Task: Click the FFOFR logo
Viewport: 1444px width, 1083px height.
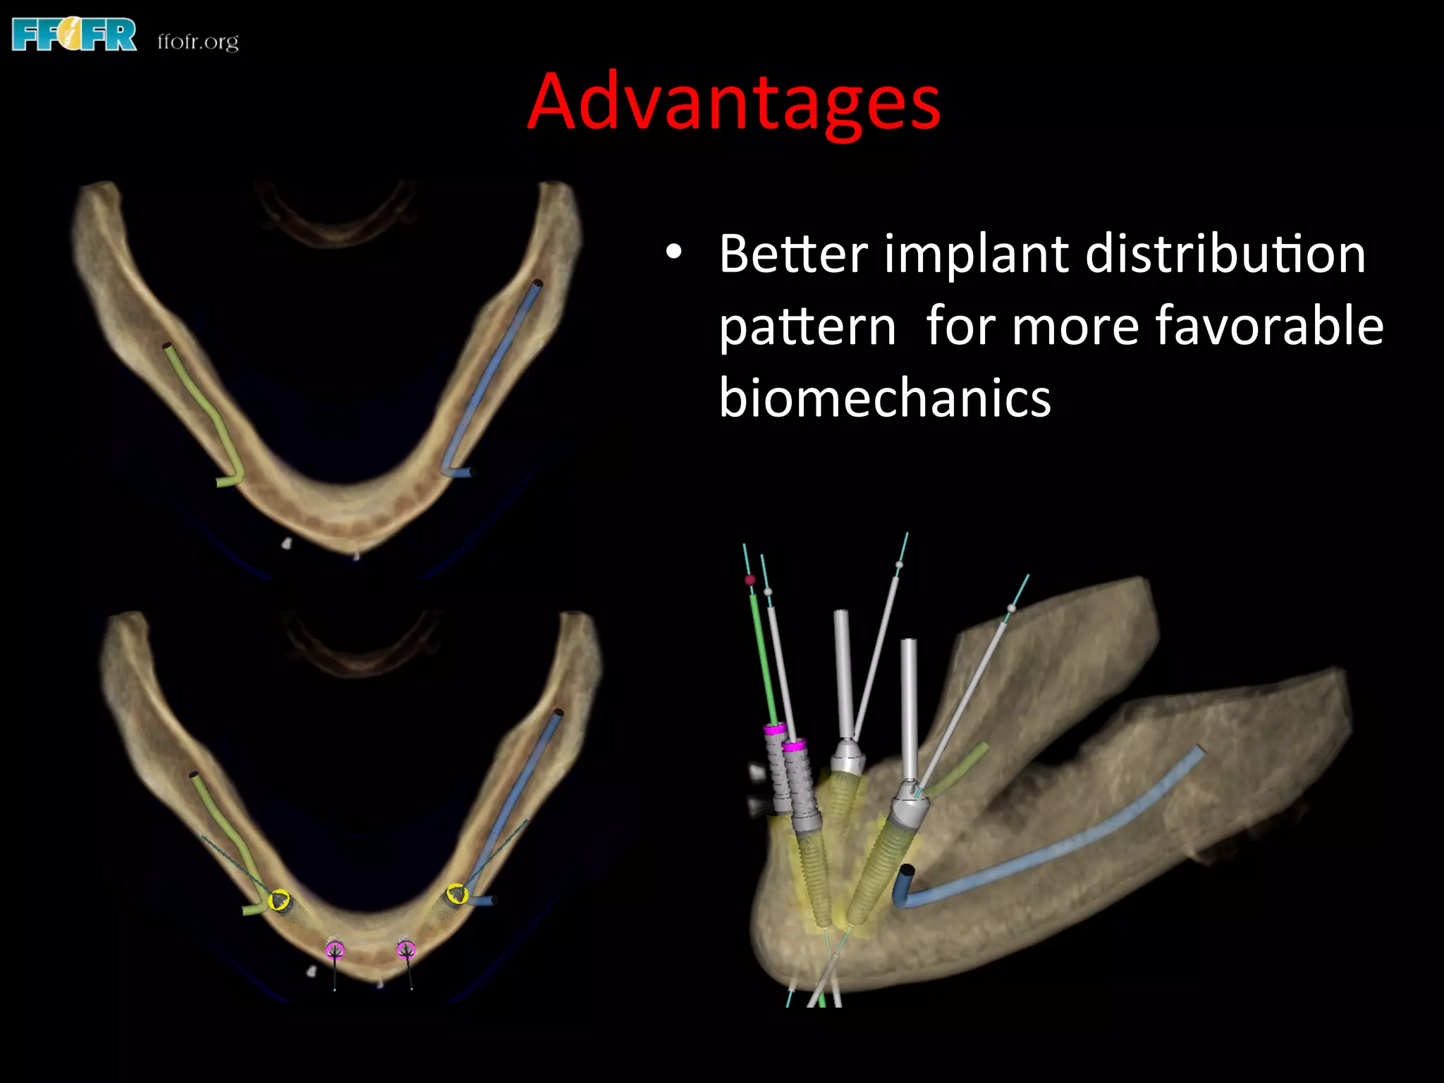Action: tap(74, 35)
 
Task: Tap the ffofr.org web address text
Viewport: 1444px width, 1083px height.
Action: tap(198, 42)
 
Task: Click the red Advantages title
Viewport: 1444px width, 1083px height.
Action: tap(733, 102)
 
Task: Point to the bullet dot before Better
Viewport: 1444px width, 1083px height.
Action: tap(674, 253)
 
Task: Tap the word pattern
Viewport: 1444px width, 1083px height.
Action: tap(807, 328)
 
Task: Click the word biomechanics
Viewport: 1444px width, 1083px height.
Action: tap(885, 398)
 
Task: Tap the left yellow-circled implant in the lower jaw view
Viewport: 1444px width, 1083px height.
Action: tap(279, 900)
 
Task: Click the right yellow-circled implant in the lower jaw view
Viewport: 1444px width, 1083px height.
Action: tap(457, 894)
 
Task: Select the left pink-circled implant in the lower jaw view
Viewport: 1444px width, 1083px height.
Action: tap(335, 950)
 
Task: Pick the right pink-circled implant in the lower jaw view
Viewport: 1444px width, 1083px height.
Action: tap(405, 950)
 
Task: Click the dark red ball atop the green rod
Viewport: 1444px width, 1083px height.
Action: tap(749, 580)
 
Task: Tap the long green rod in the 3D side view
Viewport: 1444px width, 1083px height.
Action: tap(763, 656)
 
